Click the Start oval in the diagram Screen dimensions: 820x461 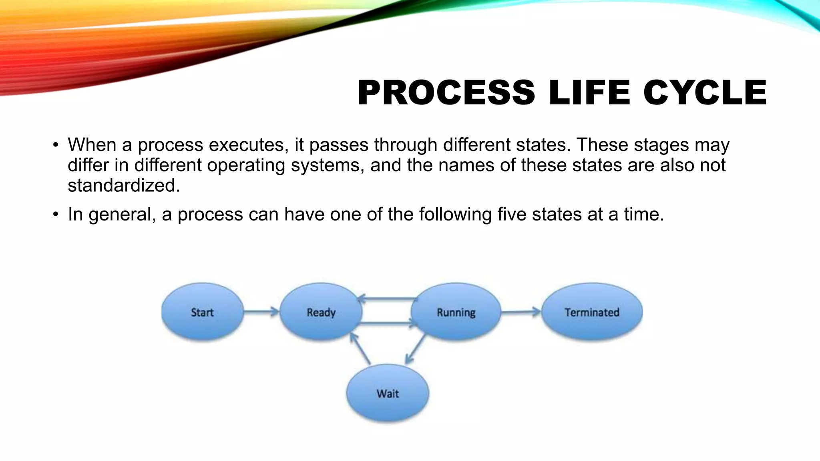click(x=203, y=312)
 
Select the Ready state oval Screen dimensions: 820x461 click(x=321, y=312)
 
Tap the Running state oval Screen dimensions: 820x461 click(x=456, y=312)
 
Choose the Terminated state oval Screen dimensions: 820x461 click(x=592, y=312)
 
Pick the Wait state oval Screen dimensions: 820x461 click(x=388, y=393)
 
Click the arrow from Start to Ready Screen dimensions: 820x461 click(x=261, y=311)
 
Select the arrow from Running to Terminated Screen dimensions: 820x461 click(x=521, y=311)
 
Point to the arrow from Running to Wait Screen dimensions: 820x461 click(x=415, y=349)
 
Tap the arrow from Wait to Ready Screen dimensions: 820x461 click(x=360, y=348)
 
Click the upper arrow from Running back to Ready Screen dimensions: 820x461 click(x=387, y=299)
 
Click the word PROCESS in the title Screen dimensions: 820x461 click(x=446, y=93)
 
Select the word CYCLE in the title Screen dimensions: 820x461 click(x=705, y=93)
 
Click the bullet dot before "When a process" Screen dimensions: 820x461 click(x=56, y=145)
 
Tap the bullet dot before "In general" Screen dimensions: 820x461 click(x=56, y=214)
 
